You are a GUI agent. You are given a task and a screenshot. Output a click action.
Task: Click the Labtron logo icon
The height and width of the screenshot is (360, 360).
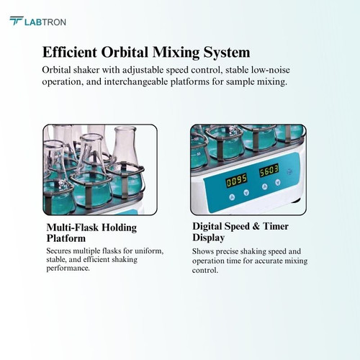tap(17, 21)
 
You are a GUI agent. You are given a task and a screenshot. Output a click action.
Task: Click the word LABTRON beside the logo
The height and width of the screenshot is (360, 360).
tap(45, 22)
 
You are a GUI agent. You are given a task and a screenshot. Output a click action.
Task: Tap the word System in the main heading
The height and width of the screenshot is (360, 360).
tap(227, 53)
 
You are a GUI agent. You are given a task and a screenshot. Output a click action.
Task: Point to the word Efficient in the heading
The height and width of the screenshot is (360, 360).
tap(70, 52)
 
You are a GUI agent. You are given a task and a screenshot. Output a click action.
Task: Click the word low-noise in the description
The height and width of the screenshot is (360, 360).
tap(271, 70)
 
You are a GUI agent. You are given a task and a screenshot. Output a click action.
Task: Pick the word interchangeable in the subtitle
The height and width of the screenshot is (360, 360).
tap(137, 82)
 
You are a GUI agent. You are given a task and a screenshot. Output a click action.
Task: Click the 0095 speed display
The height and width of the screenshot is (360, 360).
tap(237, 180)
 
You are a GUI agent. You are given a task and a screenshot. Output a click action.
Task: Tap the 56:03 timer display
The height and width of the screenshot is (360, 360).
tap(269, 171)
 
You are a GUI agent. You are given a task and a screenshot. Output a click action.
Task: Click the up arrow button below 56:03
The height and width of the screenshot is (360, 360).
tap(265, 186)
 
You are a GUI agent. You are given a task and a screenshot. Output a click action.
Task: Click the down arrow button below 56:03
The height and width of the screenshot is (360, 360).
tap(278, 182)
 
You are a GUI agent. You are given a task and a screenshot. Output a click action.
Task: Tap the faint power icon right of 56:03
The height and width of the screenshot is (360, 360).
tap(289, 172)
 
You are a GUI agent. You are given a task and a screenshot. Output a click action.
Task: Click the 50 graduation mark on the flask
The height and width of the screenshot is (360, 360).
tap(198, 154)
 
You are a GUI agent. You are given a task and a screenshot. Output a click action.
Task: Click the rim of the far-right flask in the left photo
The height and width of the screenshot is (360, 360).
tap(125, 130)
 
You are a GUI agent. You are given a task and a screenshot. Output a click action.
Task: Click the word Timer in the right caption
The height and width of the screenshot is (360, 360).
tap(276, 226)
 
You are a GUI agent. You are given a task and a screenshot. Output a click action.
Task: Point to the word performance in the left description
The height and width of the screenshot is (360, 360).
tap(68, 269)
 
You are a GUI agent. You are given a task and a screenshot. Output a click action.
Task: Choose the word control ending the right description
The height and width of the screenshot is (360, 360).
tap(205, 271)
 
